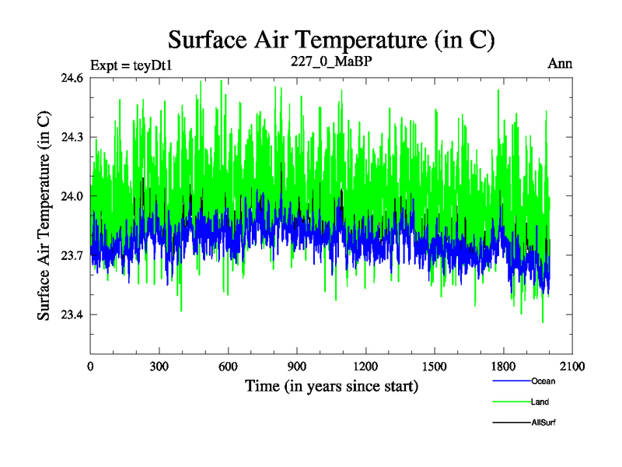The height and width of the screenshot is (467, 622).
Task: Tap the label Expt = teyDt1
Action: [131, 65]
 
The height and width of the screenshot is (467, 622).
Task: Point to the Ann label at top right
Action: [560, 64]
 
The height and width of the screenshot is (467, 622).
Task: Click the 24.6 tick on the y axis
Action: [71, 78]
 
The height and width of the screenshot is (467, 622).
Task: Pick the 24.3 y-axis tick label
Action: [71, 137]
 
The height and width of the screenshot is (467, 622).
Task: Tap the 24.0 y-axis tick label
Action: [71, 196]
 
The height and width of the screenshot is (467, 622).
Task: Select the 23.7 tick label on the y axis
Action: [71, 255]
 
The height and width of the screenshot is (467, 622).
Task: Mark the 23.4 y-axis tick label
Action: [71, 314]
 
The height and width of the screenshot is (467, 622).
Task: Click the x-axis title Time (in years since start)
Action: [331, 385]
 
